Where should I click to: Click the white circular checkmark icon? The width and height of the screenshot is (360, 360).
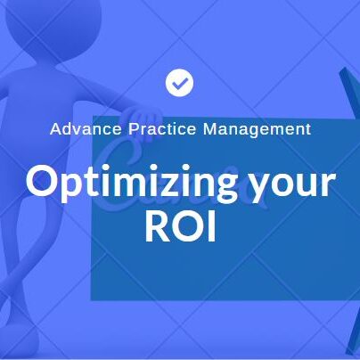coord(180,84)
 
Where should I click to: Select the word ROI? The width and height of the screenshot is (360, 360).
coord(181,228)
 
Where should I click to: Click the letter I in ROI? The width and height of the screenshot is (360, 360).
coord(211,228)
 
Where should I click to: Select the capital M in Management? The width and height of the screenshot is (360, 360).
coord(210,129)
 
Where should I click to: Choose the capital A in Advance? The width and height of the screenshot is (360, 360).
coord(55,129)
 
